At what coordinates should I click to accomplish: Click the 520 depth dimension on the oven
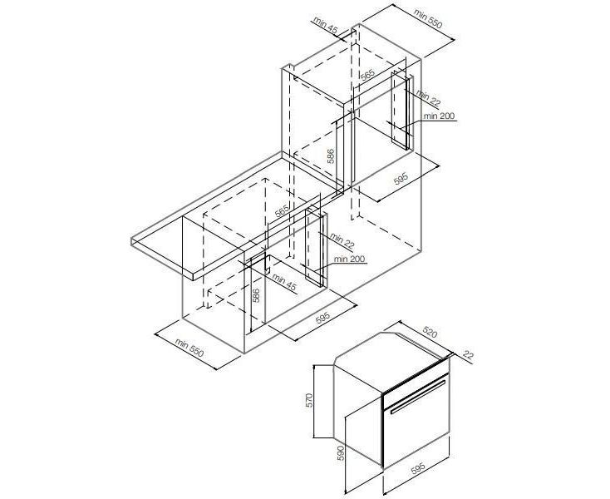click(430, 332)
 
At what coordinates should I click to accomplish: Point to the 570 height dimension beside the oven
click(309, 400)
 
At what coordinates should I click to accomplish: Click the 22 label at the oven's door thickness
click(469, 354)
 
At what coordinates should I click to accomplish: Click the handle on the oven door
click(418, 397)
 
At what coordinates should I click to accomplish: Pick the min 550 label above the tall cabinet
click(428, 18)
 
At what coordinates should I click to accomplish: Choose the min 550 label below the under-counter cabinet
click(189, 347)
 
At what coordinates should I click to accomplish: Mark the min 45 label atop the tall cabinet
click(325, 26)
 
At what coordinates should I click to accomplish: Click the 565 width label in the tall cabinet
click(367, 75)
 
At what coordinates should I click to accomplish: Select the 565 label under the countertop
click(282, 210)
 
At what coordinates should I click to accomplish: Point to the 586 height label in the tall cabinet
click(331, 156)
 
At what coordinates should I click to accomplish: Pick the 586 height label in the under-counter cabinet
click(256, 295)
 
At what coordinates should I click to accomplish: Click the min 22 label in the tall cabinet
click(428, 97)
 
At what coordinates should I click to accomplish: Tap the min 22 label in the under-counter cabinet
click(342, 241)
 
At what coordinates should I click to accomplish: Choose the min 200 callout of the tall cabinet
click(439, 116)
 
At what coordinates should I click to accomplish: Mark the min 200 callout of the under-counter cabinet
click(349, 259)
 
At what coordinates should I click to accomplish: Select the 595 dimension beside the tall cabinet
click(401, 179)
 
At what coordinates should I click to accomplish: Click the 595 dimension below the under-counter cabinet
click(322, 317)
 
